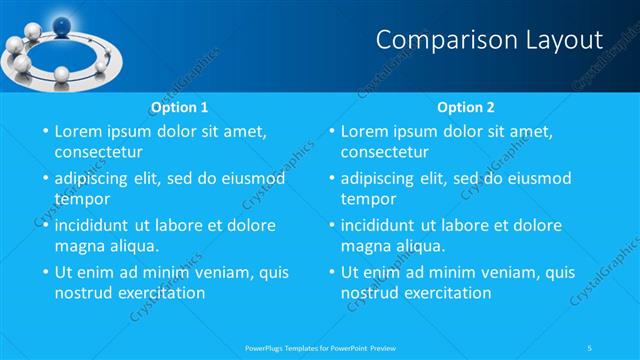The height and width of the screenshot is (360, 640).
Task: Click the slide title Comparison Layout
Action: point(489,39)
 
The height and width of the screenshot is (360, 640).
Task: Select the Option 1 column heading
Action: point(179,106)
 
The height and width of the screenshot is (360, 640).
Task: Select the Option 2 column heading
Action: point(466,106)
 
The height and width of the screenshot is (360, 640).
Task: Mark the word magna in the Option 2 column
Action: point(367,246)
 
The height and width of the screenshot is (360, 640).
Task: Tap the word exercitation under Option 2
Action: point(446,293)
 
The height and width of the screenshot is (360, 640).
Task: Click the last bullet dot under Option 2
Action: point(331,272)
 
